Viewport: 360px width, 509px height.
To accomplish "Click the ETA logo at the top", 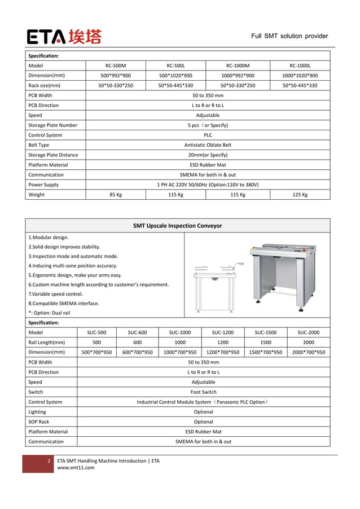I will pyautogui.click(x=64, y=37).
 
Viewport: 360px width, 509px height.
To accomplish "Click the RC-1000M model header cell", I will pyautogui.click(x=238, y=65).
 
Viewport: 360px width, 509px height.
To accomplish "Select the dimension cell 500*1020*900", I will pyautogui.click(x=175, y=76).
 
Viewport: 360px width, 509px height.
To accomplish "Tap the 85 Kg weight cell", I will pyautogui.click(x=116, y=195).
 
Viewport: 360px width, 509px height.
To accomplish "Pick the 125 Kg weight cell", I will pyautogui.click(x=300, y=195).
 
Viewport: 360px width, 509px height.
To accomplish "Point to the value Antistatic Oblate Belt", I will pyautogui.click(x=208, y=145).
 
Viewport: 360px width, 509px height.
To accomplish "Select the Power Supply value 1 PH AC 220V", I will pyautogui.click(x=208, y=185).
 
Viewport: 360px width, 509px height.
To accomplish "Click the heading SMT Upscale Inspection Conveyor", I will pyautogui.click(x=177, y=226).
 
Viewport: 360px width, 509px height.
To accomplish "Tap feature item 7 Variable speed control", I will pyautogui.click(x=55, y=294).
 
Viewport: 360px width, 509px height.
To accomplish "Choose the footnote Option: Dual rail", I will pyautogui.click(x=49, y=313).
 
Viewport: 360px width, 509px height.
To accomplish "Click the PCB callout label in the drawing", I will pyautogui.click(x=240, y=264).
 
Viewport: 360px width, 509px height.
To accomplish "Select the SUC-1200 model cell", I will pyautogui.click(x=223, y=332).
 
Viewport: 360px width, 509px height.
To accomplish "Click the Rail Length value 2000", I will pyautogui.click(x=309, y=343).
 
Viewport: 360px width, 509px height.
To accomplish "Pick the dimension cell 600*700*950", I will pyautogui.click(x=138, y=352).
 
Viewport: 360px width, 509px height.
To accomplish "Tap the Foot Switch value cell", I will pyautogui.click(x=203, y=392).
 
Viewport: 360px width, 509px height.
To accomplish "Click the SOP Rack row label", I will pyautogui.click(x=39, y=422).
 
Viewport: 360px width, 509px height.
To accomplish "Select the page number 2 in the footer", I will pyautogui.click(x=49, y=461).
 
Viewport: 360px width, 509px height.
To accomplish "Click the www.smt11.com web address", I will pyautogui.click(x=76, y=467).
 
